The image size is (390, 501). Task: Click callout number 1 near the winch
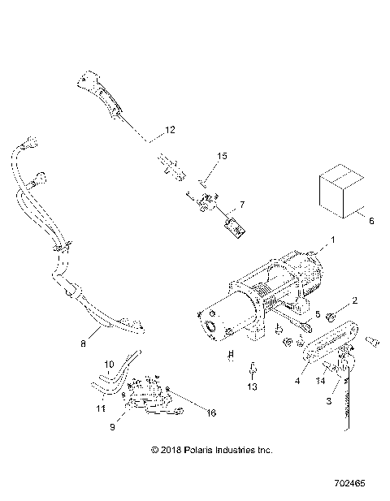pos(331,241)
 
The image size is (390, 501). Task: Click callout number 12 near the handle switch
pos(170,130)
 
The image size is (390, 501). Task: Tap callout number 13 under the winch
pos(253,389)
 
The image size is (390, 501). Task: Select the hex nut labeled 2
pos(335,314)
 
